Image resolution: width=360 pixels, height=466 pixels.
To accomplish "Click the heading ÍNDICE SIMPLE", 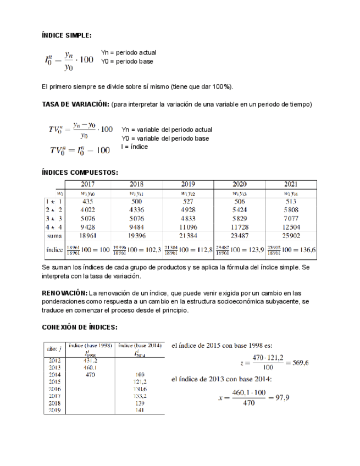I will point(67,36).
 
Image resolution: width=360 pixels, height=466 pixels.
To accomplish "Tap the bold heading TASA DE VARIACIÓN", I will point(76,104).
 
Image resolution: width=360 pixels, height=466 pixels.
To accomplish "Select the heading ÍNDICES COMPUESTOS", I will point(80,173).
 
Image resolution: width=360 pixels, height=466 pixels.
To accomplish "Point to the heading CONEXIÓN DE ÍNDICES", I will point(79,328).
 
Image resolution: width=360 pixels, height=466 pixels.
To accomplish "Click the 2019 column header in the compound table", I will point(187,184).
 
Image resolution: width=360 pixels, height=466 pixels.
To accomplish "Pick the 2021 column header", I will point(291,184).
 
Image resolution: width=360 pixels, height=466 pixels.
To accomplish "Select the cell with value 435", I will point(88,202).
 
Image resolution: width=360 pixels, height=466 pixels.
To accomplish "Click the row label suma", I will point(54,235).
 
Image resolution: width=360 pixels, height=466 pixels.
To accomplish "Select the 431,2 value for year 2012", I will point(91,360).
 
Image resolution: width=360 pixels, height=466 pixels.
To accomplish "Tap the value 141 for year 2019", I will point(140,409).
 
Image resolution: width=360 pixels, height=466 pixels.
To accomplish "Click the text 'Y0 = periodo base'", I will point(127,61).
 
